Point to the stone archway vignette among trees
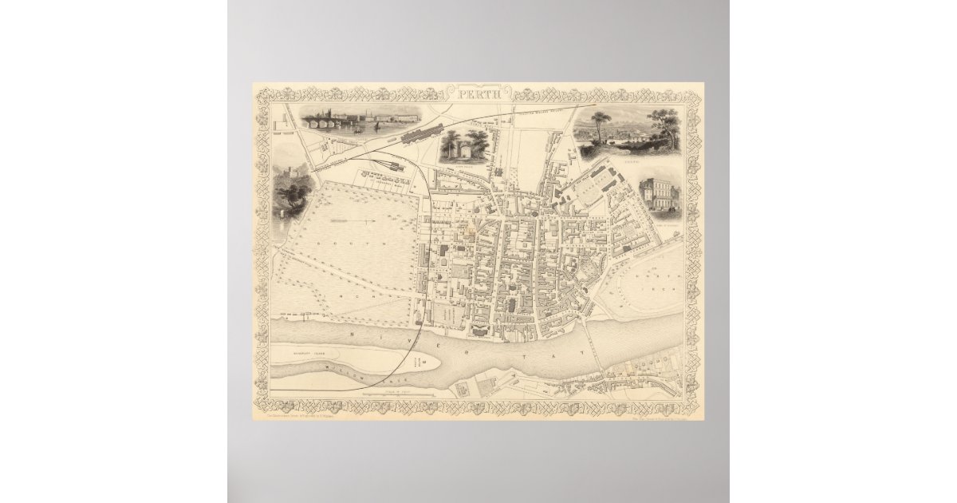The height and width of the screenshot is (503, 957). click(463, 146)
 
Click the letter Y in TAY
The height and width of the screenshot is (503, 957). click(587, 352)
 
